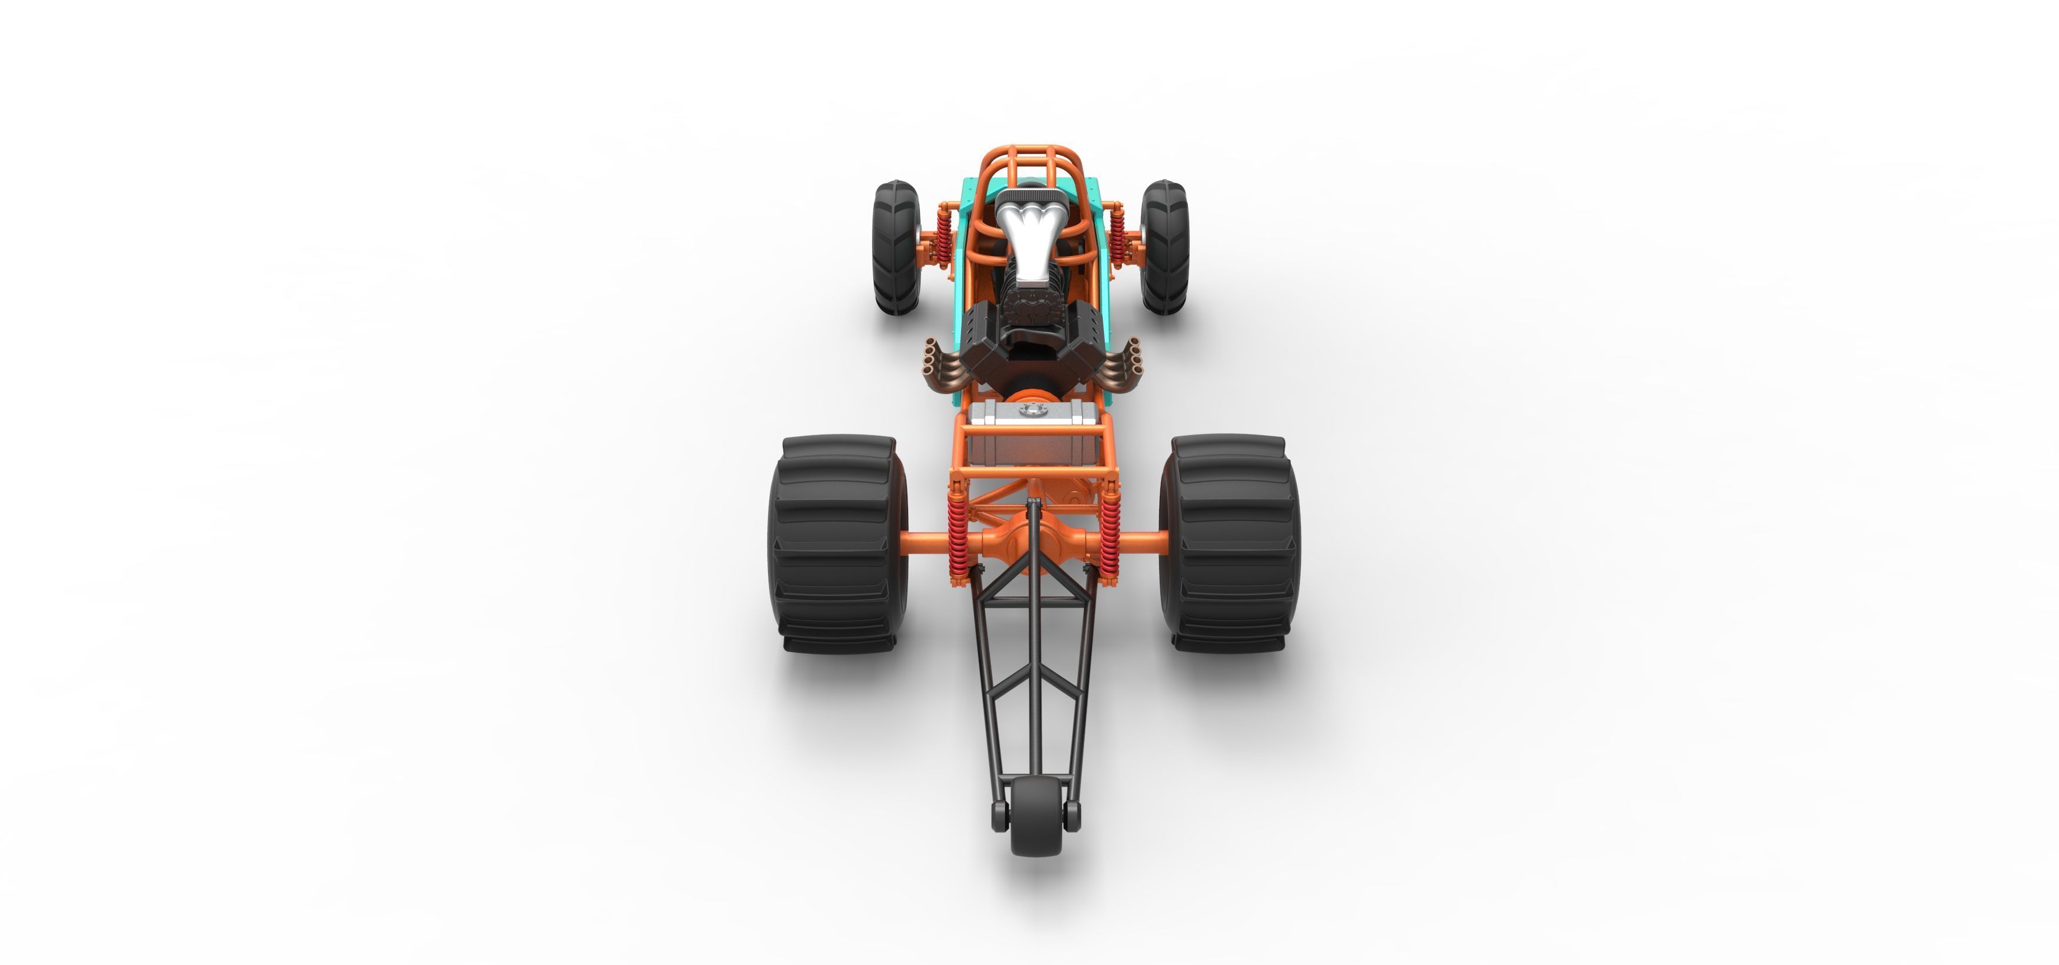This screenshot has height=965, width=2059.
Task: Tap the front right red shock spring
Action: [1119, 232]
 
